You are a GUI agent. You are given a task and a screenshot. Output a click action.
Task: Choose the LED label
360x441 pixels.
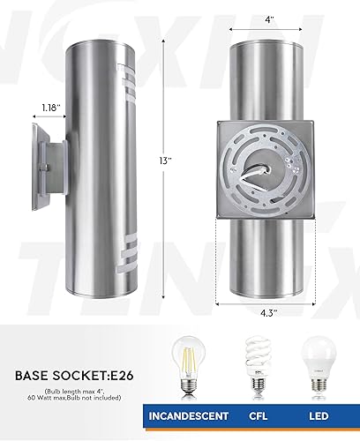pos(319,415)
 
